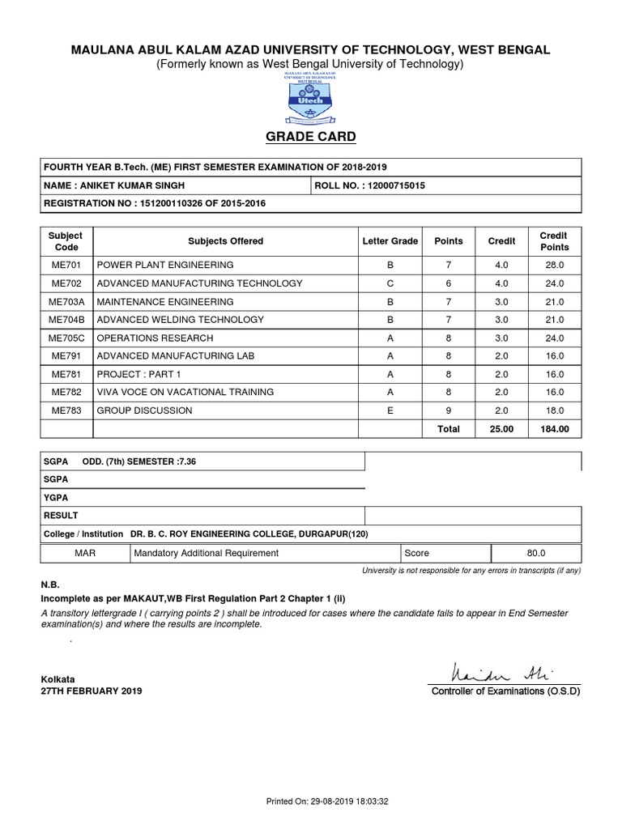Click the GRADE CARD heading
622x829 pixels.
pyautogui.click(x=311, y=136)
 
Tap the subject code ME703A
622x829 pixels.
pyautogui.click(x=66, y=301)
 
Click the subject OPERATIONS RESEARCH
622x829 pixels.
pyautogui.click(x=155, y=338)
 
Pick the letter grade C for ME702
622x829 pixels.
pyautogui.click(x=390, y=283)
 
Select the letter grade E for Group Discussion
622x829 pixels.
pyautogui.click(x=390, y=410)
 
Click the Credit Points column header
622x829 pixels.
pyautogui.click(x=555, y=241)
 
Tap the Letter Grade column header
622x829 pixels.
pyautogui.click(x=390, y=241)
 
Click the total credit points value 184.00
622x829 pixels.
pyautogui.click(x=555, y=429)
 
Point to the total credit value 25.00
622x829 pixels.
pyautogui.click(x=501, y=429)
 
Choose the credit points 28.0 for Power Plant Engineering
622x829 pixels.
pyautogui.click(x=555, y=265)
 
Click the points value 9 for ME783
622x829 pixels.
pyautogui.click(x=449, y=410)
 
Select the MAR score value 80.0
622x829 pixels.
pyautogui.click(x=536, y=553)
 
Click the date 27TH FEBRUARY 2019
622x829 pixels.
pyautogui.click(x=91, y=691)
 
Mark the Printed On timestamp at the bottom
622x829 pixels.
pyautogui.click(x=328, y=801)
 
